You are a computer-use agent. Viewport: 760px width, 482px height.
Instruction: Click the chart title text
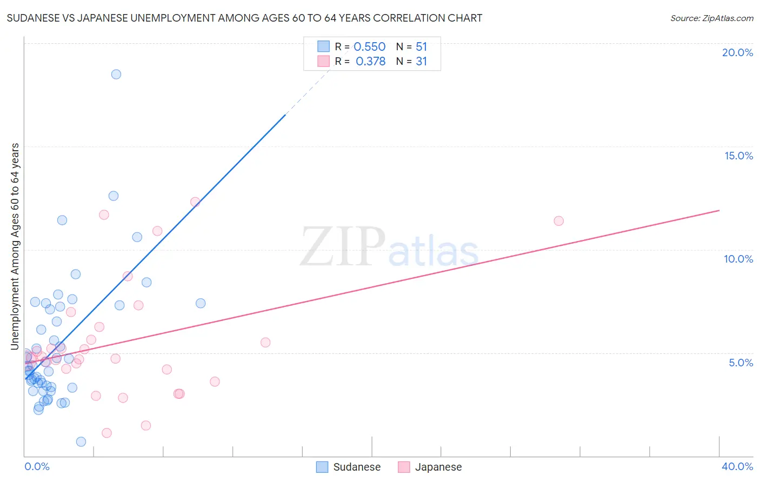point(244,18)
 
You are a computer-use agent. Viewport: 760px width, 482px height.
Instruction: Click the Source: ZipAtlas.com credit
point(711,18)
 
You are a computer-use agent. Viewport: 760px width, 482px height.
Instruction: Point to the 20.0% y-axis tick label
point(737,52)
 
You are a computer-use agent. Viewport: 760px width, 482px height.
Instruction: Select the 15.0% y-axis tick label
point(738,156)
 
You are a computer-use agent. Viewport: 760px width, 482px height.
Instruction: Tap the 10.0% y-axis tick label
point(738,259)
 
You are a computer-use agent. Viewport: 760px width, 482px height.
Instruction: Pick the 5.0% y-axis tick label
point(741,363)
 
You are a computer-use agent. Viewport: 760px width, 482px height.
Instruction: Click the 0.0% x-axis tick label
point(37,466)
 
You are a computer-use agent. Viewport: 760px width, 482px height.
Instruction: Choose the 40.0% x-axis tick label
point(737,466)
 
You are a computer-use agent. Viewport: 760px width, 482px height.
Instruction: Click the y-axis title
point(15,246)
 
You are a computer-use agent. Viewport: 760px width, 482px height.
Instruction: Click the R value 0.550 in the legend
point(369,47)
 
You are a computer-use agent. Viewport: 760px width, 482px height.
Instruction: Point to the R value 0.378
point(370,62)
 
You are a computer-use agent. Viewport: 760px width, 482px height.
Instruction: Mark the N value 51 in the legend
point(421,47)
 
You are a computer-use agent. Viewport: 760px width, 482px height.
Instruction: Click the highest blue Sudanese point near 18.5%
point(116,75)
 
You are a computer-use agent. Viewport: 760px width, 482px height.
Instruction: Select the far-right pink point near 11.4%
point(559,221)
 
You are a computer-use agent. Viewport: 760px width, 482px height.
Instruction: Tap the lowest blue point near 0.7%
point(81,441)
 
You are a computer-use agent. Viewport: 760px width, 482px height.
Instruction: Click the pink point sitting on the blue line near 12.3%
point(195,202)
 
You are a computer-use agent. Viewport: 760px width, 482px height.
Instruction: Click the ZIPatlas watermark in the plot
point(389,247)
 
